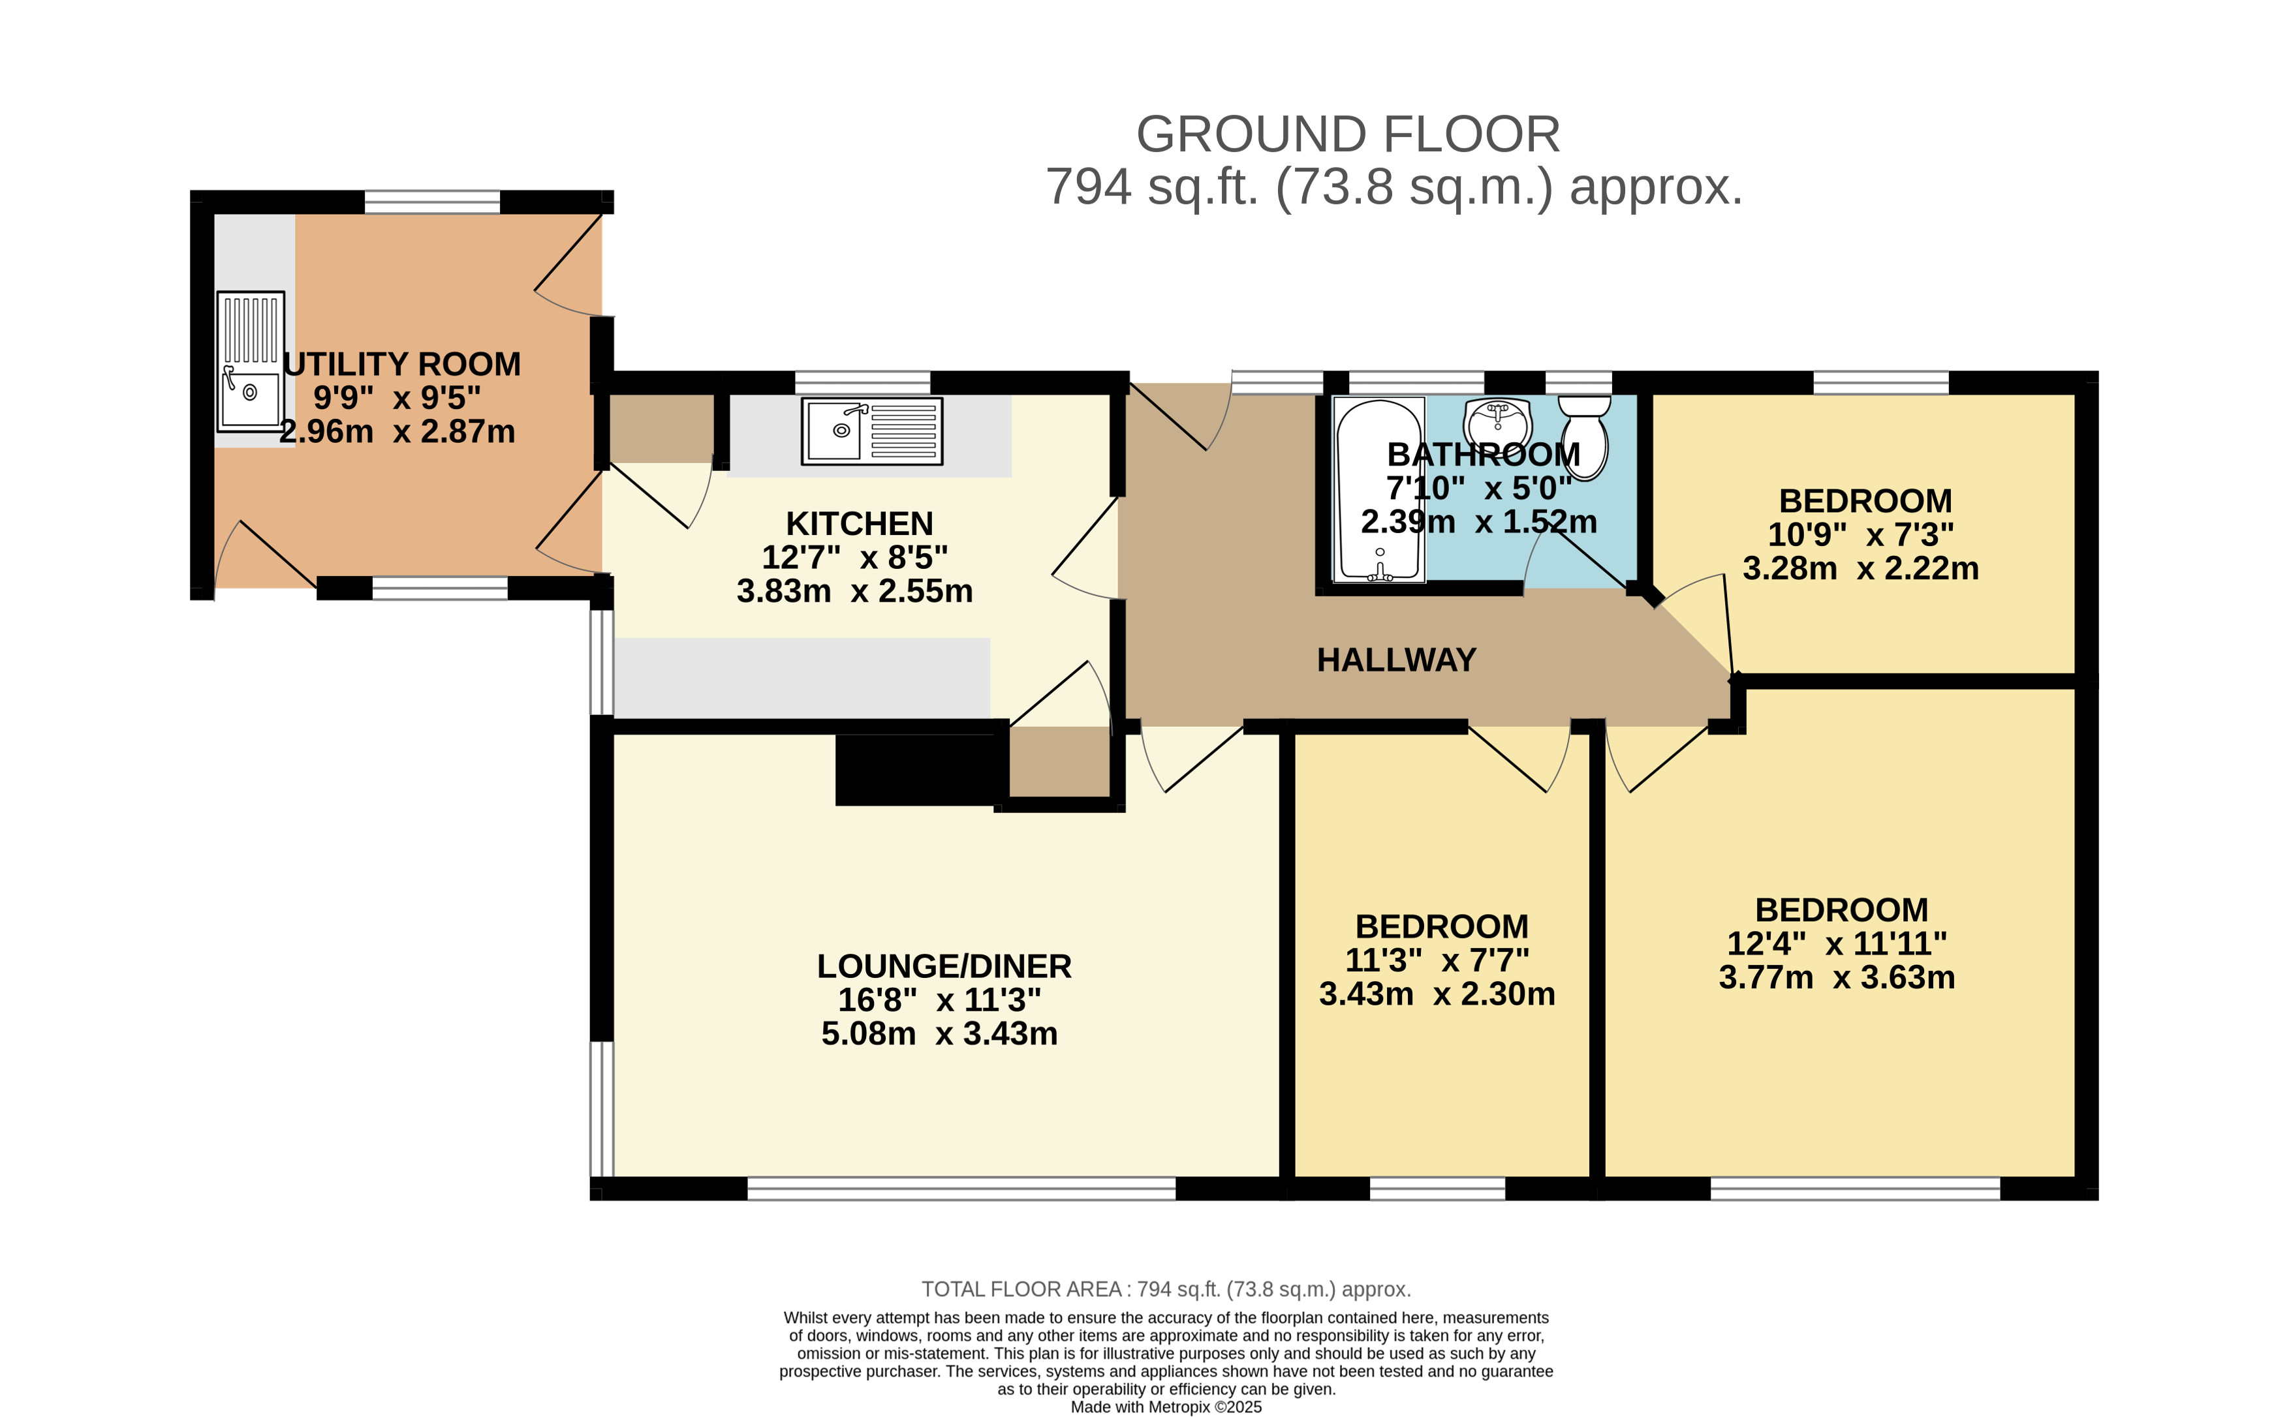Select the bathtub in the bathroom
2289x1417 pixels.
point(1379,490)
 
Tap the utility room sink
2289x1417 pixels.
point(250,361)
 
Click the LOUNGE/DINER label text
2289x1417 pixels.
point(944,966)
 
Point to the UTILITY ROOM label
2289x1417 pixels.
point(403,363)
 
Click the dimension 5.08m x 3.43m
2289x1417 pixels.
point(939,1033)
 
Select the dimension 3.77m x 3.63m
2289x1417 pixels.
point(1836,977)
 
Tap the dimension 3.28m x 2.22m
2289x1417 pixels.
point(1861,568)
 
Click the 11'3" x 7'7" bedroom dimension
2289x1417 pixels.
point(1437,960)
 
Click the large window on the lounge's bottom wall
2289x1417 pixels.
point(961,1187)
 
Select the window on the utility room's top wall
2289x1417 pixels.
point(432,202)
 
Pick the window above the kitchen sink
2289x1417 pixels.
point(862,382)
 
